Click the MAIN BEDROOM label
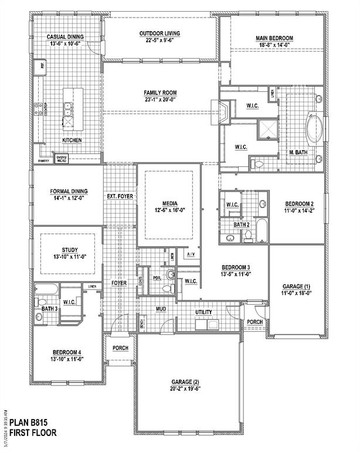pyautogui.click(x=274, y=38)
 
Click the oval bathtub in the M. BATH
pyautogui.click(x=314, y=130)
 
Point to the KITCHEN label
pyautogui.click(x=72, y=141)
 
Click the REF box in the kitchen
pyautogui.click(x=40, y=67)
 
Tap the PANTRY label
pyautogui.click(x=43, y=160)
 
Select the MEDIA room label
pyautogui.click(x=168, y=203)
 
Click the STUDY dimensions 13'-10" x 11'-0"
pyautogui.click(x=66, y=256)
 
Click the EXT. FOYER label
pyautogui.click(x=120, y=196)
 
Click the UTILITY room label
pyautogui.click(x=204, y=312)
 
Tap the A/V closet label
pyautogui.click(x=191, y=254)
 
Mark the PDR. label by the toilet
pyautogui.click(x=157, y=278)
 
